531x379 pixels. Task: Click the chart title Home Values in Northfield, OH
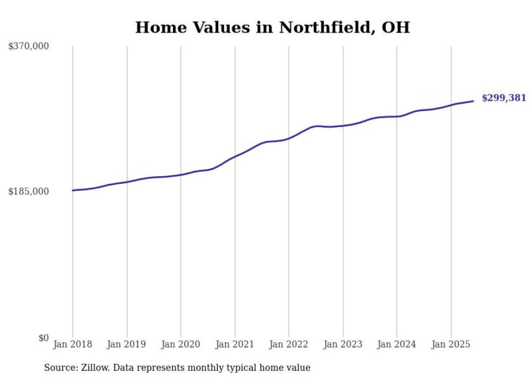pos(272,27)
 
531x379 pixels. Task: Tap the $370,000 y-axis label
pos(28,47)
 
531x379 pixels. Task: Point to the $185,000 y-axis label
pos(28,191)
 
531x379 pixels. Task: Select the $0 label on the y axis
pos(43,338)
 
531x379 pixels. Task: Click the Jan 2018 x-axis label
pos(73,344)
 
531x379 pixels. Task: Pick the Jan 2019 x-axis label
pos(127,344)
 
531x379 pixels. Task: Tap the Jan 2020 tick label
pos(180,344)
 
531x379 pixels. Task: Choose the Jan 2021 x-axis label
pos(235,344)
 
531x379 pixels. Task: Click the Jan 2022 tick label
pos(289,344)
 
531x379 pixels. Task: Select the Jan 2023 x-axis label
pos(342,344)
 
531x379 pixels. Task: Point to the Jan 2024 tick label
pos(397,344)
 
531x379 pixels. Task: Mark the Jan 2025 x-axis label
pos(451,344)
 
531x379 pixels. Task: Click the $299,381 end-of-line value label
pos(503,98)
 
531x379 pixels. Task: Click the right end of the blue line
pos(474,101)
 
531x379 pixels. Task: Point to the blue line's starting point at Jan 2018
pos(73,190)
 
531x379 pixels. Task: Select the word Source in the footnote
pos(59,368)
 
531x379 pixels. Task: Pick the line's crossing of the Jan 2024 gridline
pos(397,117)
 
